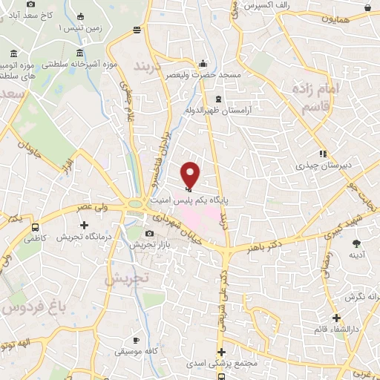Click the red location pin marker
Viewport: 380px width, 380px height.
point(191,174)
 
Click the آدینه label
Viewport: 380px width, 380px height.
point(357,256)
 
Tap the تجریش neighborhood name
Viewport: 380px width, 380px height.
point(126,280)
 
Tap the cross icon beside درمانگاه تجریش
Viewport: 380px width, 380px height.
point(84,225)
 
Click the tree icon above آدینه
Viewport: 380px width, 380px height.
point(357,243)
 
